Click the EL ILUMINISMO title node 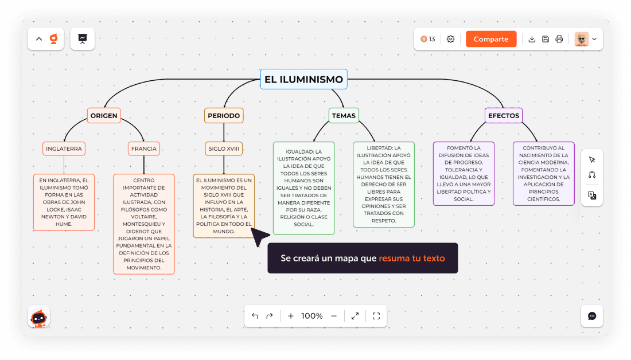tap(303, 80)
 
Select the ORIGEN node tap(104, 116)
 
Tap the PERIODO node tap(224, 116)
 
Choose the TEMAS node tap(344, 116)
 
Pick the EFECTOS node tap(503, 116)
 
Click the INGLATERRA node tap(64, 148)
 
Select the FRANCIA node tap(143, 148)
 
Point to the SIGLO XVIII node tap(224, 148)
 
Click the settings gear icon tap(450, 39)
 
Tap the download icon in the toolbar tap(532, 39)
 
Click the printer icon tap(559, 39)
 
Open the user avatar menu tap(586, 39)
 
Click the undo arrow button tap(255, 316)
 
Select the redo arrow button tap(270, 316)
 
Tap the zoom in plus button tap(291, 316)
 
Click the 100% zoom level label tap(312, 316)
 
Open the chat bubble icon tap(592, 316)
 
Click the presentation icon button tap(83, 38)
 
